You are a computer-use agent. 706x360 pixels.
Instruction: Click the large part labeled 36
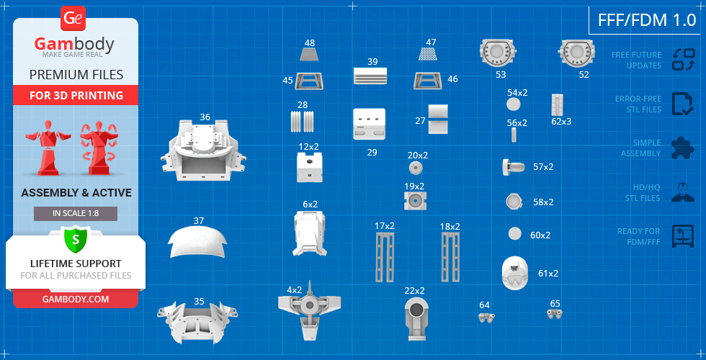(203, 151)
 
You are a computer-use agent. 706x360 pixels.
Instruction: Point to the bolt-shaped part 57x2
(513, 167)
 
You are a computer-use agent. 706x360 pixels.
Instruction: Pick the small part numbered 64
(486, 318)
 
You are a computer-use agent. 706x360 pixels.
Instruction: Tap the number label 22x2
(415, 291)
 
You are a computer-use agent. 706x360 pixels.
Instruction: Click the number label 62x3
(561, 121)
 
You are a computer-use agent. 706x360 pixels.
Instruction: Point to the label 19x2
(414, 186)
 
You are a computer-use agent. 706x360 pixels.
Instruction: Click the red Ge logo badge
(73, 19)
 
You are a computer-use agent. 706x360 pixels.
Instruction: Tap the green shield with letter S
(75, 240)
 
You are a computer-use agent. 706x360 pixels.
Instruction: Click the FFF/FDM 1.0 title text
(647, 20)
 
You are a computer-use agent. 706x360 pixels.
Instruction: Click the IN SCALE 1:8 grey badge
(76, 214)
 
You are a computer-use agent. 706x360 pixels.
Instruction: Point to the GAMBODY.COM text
(76, 300)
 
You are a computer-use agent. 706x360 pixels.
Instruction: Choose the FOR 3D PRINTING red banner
(76, 95)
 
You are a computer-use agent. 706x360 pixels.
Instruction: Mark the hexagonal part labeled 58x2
(514, 202)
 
